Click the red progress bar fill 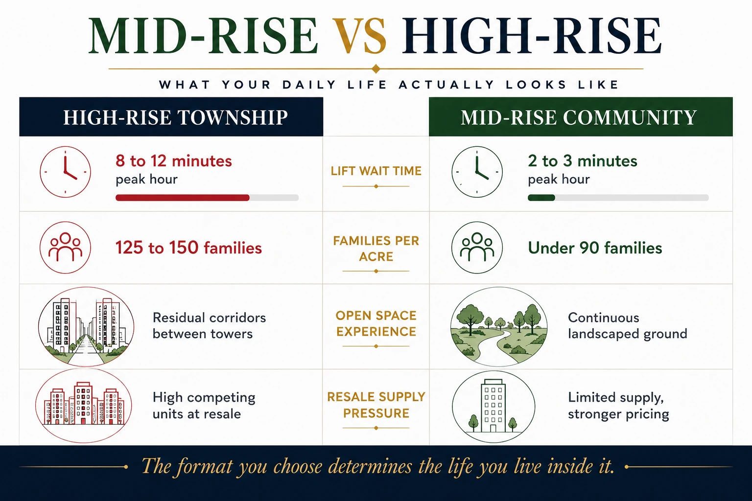tap(182, 198)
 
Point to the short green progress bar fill tap(541, 198)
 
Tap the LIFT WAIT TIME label tap(376, 171)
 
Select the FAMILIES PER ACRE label tap(376, 249)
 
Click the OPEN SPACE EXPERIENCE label tap(376, 323)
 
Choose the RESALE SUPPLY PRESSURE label tap(376, 405)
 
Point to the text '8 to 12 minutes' tap(174, 161)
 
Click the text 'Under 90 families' tap(595, 248)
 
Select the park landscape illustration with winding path tap(499, 326)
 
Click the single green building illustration tap(493, 407)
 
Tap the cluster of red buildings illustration tap(84, 406)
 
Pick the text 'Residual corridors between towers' tap(209, 325)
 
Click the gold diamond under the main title tap(376, 69)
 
